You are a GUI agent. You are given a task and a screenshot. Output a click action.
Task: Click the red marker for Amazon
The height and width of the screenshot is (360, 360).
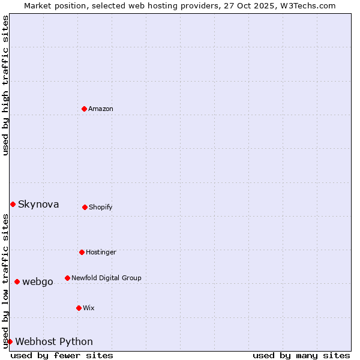[84, 109]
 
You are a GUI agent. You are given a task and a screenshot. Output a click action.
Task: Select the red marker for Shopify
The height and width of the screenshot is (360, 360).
[85, 207]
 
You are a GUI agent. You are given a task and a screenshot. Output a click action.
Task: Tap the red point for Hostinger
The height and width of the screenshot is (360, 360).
[82, 252]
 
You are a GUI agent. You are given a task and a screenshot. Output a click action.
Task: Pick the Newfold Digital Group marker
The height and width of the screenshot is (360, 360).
[67, 278]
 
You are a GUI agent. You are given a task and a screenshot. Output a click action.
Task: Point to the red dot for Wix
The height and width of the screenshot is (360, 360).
[79, 308]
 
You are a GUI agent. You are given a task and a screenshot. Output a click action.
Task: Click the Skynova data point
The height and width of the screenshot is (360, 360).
[13, 204]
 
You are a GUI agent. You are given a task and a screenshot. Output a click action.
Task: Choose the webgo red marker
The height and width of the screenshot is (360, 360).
[17, 281]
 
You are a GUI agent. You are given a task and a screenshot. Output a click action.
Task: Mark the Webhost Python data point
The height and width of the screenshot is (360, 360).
[10, 341]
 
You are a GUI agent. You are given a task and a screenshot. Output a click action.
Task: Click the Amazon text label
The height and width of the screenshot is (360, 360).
[101, 109]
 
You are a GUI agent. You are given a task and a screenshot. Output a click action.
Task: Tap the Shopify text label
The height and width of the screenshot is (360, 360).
[101, 207]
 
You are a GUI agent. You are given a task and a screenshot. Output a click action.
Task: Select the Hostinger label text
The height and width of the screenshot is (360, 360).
[101, 252]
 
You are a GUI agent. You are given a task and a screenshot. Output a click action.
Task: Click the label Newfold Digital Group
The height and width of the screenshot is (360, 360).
[106, 278]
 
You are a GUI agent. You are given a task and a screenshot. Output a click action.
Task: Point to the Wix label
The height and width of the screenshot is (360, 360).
[89, 308]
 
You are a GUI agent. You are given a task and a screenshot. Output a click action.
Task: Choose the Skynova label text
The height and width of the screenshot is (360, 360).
[38, 204]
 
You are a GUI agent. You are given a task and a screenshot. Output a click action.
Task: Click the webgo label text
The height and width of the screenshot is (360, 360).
[38, 281]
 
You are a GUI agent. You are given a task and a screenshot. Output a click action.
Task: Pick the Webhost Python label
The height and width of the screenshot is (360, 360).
[54, 341]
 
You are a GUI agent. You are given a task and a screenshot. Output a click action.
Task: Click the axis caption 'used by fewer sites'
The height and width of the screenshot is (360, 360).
[62, 355]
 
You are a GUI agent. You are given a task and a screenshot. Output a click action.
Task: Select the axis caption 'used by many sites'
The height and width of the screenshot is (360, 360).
[301, 355]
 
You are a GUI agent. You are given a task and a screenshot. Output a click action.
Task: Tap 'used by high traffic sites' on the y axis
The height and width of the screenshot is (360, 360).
[5, 85]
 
